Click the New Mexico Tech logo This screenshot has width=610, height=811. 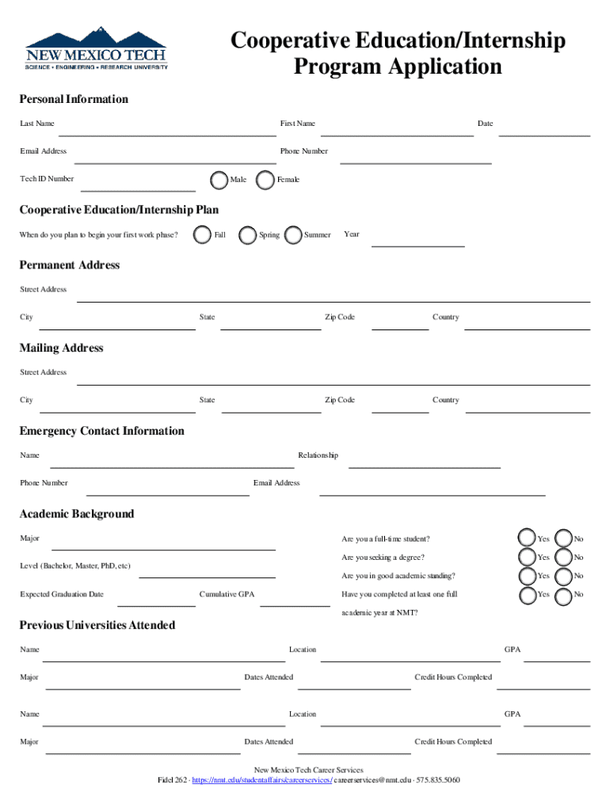point(97,49)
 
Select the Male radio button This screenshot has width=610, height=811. point(219,180)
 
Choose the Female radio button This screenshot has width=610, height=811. point(266,180)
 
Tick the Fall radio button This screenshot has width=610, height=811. point(202,235)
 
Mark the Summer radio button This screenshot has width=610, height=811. point(292,235)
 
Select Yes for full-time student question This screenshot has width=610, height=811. point(526,539)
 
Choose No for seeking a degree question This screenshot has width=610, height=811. point(563,558)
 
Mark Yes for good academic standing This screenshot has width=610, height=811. point(526,576)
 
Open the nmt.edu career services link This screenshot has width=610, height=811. point(261,780)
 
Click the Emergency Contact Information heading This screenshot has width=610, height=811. point(101,431)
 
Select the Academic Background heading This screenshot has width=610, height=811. point(77,514)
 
